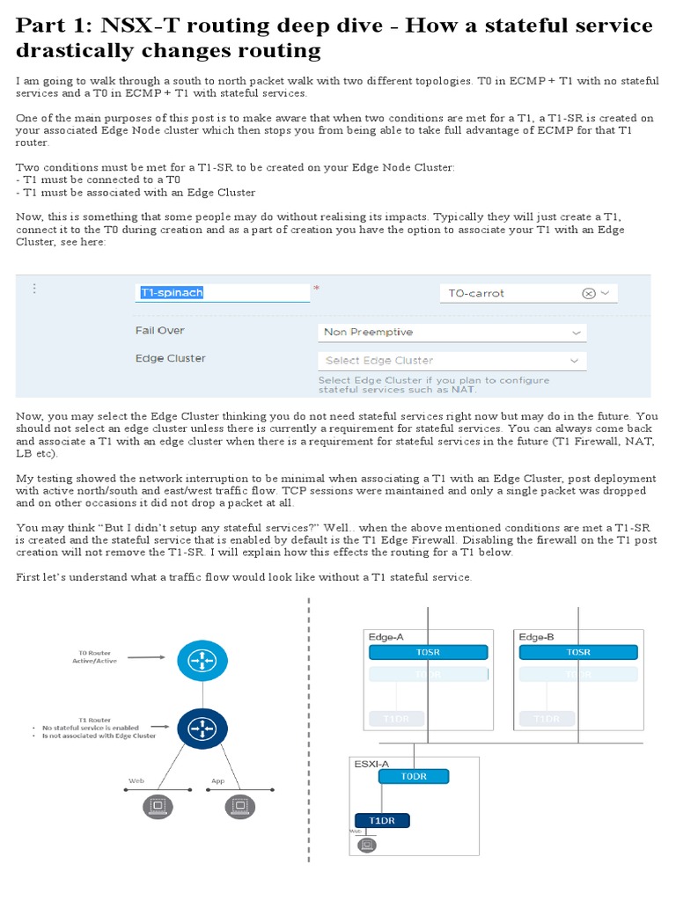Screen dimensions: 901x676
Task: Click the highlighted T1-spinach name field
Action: (173, 293)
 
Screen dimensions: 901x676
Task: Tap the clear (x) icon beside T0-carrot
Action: (589, 294)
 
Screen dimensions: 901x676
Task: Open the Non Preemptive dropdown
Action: (452, 333)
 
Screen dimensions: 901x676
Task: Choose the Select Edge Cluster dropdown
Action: (452, 361)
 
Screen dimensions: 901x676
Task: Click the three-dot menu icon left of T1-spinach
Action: (34, 289)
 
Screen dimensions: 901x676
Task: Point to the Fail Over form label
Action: (159, 331)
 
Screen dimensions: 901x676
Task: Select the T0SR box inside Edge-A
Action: (428, 652)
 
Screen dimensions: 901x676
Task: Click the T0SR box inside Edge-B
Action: (578, 652)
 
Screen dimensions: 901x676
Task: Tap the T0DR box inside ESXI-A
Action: (414, 776)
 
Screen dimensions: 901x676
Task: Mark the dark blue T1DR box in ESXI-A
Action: (382, 820)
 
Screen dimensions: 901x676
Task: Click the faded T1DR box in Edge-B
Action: (547, 719)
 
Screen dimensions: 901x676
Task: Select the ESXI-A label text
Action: (358, 764)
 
